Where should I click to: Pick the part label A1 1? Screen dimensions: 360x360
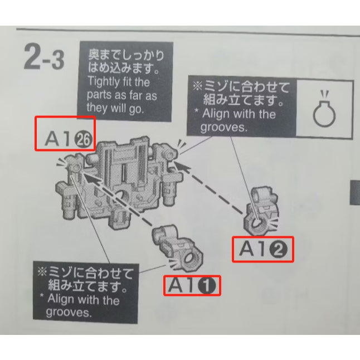(x=192, y=285)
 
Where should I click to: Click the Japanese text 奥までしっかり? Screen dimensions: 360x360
(x=126, y=56)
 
